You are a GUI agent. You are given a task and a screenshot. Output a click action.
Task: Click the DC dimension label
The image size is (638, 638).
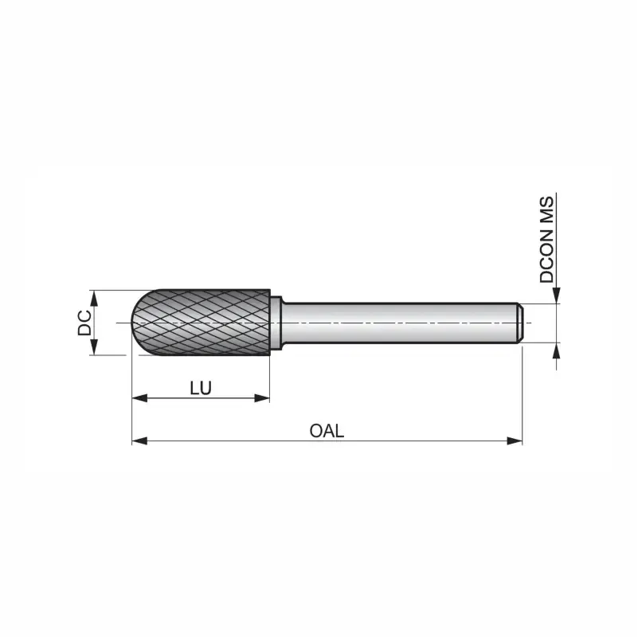84,323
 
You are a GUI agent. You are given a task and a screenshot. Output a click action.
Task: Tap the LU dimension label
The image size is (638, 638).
201,388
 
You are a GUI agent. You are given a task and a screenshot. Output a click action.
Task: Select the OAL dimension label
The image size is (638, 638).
327,431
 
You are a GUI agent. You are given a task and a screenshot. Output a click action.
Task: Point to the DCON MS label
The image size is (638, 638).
547,239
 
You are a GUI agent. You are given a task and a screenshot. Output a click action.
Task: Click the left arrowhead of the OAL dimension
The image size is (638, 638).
139,440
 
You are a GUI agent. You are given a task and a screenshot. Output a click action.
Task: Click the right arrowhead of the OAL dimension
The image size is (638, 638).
515,440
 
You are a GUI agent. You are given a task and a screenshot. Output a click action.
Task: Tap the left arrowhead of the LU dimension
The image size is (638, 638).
139,398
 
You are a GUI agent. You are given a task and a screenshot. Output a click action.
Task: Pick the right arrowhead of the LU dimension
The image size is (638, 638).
262,398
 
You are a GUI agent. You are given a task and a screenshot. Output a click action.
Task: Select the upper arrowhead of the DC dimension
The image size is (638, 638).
94,298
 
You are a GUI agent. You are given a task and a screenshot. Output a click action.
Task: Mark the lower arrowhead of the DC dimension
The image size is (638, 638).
94,347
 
